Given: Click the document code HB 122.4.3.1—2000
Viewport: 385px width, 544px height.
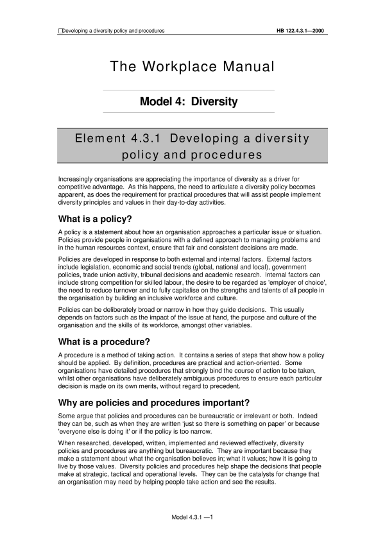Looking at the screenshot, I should click(x=301, y=30).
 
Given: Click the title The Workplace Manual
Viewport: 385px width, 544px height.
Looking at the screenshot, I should click(x=192, y=66).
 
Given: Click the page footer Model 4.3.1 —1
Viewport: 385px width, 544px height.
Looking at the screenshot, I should click(x=192, y=516).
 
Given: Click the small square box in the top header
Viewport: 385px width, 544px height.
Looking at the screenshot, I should click(x=60, y=30).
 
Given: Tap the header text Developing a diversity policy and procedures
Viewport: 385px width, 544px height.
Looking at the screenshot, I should click(x=114, y=30).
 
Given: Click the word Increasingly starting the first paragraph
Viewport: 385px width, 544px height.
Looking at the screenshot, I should click(x=78, y=177).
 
